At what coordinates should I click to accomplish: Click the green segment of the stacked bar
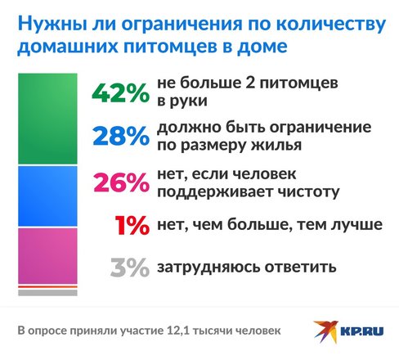tap(47, 119)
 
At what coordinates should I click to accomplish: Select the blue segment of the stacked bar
tap(47, 196)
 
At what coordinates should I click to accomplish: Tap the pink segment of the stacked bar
tap(47, 256)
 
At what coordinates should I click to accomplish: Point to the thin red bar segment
tap(47, 287)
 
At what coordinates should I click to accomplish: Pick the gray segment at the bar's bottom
tap(47, 293)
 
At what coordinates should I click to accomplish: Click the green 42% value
tap(120, 92)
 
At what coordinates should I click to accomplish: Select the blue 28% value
tap(121, 136)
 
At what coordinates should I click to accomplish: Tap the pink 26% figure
tap(121, 182)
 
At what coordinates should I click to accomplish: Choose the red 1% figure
tap(132, 225)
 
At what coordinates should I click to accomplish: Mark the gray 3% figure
tap(130, 268)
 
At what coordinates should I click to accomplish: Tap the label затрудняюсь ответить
tap(247, 267)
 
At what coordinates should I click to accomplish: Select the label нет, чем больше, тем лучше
tap(270, 224)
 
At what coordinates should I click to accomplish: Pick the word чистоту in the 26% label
tap(308, 191)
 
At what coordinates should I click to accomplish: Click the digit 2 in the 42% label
tap(250, 83)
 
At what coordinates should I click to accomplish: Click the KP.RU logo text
tap(362, 331)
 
